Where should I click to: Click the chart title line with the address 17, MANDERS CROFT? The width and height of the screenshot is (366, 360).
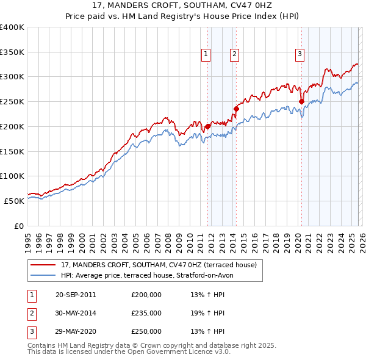coord(183,7)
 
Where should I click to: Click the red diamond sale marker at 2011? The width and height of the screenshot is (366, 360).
coord(208,126)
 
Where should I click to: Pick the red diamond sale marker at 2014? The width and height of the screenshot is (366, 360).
coord(236,109)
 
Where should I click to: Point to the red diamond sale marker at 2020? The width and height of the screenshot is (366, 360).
coord(301,102)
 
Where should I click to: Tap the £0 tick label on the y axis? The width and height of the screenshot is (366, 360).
coord(19,226)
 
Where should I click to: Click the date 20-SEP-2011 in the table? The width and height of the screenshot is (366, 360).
coord(76,295)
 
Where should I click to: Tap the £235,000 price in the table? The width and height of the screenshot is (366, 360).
coord(146,313)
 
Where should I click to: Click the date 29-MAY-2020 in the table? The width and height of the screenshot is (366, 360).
coord(76,332)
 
